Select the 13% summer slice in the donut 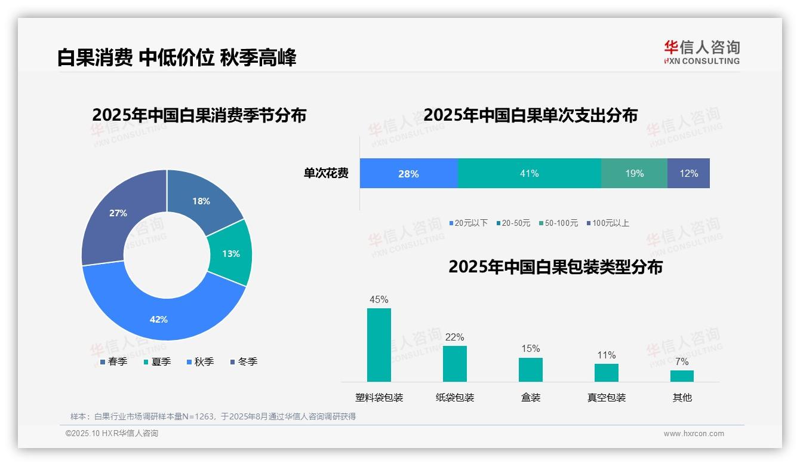point(230,254)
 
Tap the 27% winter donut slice point(118,213)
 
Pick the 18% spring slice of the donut point(201,201)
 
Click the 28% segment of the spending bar point(409,174)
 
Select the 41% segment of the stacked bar point(530,174)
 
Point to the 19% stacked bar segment point(634,174)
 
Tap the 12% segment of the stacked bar point(688,174)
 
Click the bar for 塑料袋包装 point(379,345)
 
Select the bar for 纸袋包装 point(455,364)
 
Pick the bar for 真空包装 point(607,373)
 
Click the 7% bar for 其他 point(682,376)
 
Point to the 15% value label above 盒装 point(530,348)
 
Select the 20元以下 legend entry point(468,223)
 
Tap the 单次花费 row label point(326,174)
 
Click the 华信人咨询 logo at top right point(701,52)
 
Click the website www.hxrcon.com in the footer point(694,434)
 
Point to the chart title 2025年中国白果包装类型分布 point(555,267)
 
